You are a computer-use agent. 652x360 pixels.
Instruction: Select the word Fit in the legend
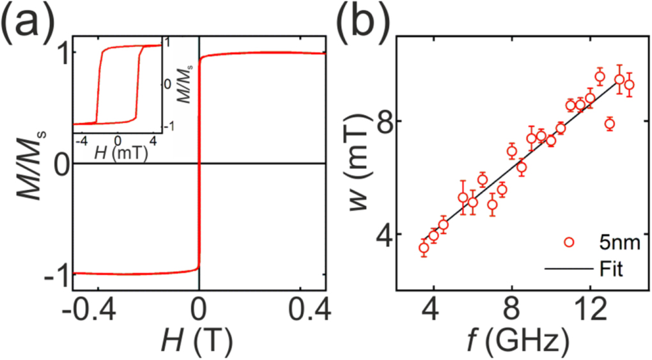(x=611, y=270)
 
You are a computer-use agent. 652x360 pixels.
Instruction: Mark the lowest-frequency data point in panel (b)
(x=424, y=248)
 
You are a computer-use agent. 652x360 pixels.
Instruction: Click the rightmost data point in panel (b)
(x=629, y=85)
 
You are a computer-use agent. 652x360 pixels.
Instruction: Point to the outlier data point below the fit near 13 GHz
(x=609, y=124)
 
